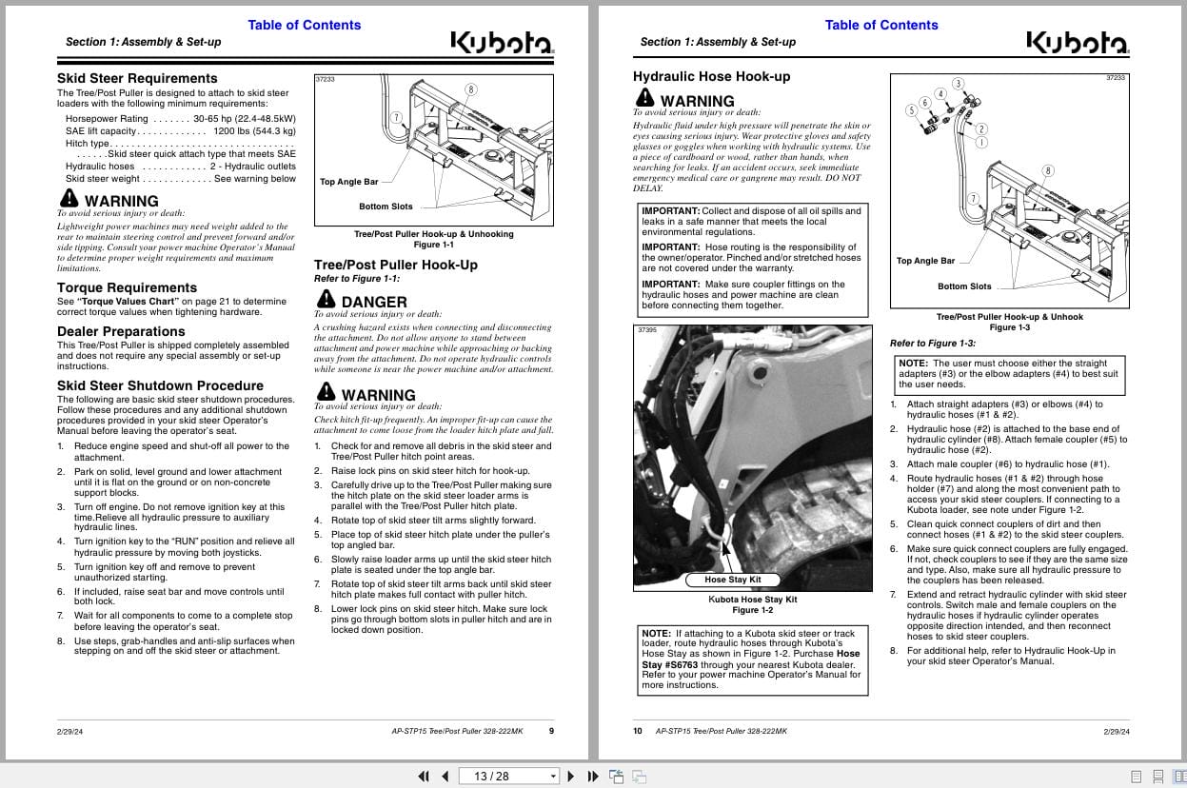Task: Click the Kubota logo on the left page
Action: (502, 43)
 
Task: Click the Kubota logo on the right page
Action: (1078, 43)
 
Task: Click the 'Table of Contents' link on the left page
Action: (304, 25)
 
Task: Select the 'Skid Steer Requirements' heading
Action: (137, 78)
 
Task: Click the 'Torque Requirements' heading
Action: (127, 287)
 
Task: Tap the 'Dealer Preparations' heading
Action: (121, 331)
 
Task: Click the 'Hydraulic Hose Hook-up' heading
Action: (711, 76)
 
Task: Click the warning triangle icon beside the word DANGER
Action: (326, 300)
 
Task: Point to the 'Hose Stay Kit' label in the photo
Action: (732, 580)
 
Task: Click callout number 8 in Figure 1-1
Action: (470, 89)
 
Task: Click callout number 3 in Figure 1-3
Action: (958, 84)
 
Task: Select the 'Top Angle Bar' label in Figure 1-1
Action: (348, 182)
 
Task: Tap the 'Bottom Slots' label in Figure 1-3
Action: (963, 286)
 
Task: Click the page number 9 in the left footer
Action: (551, 731)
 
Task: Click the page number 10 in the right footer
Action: (638, 731)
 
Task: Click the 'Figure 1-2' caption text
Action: (752, 610)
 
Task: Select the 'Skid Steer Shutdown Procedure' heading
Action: (160, 385)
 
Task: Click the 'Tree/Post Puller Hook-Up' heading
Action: (395, 265)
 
